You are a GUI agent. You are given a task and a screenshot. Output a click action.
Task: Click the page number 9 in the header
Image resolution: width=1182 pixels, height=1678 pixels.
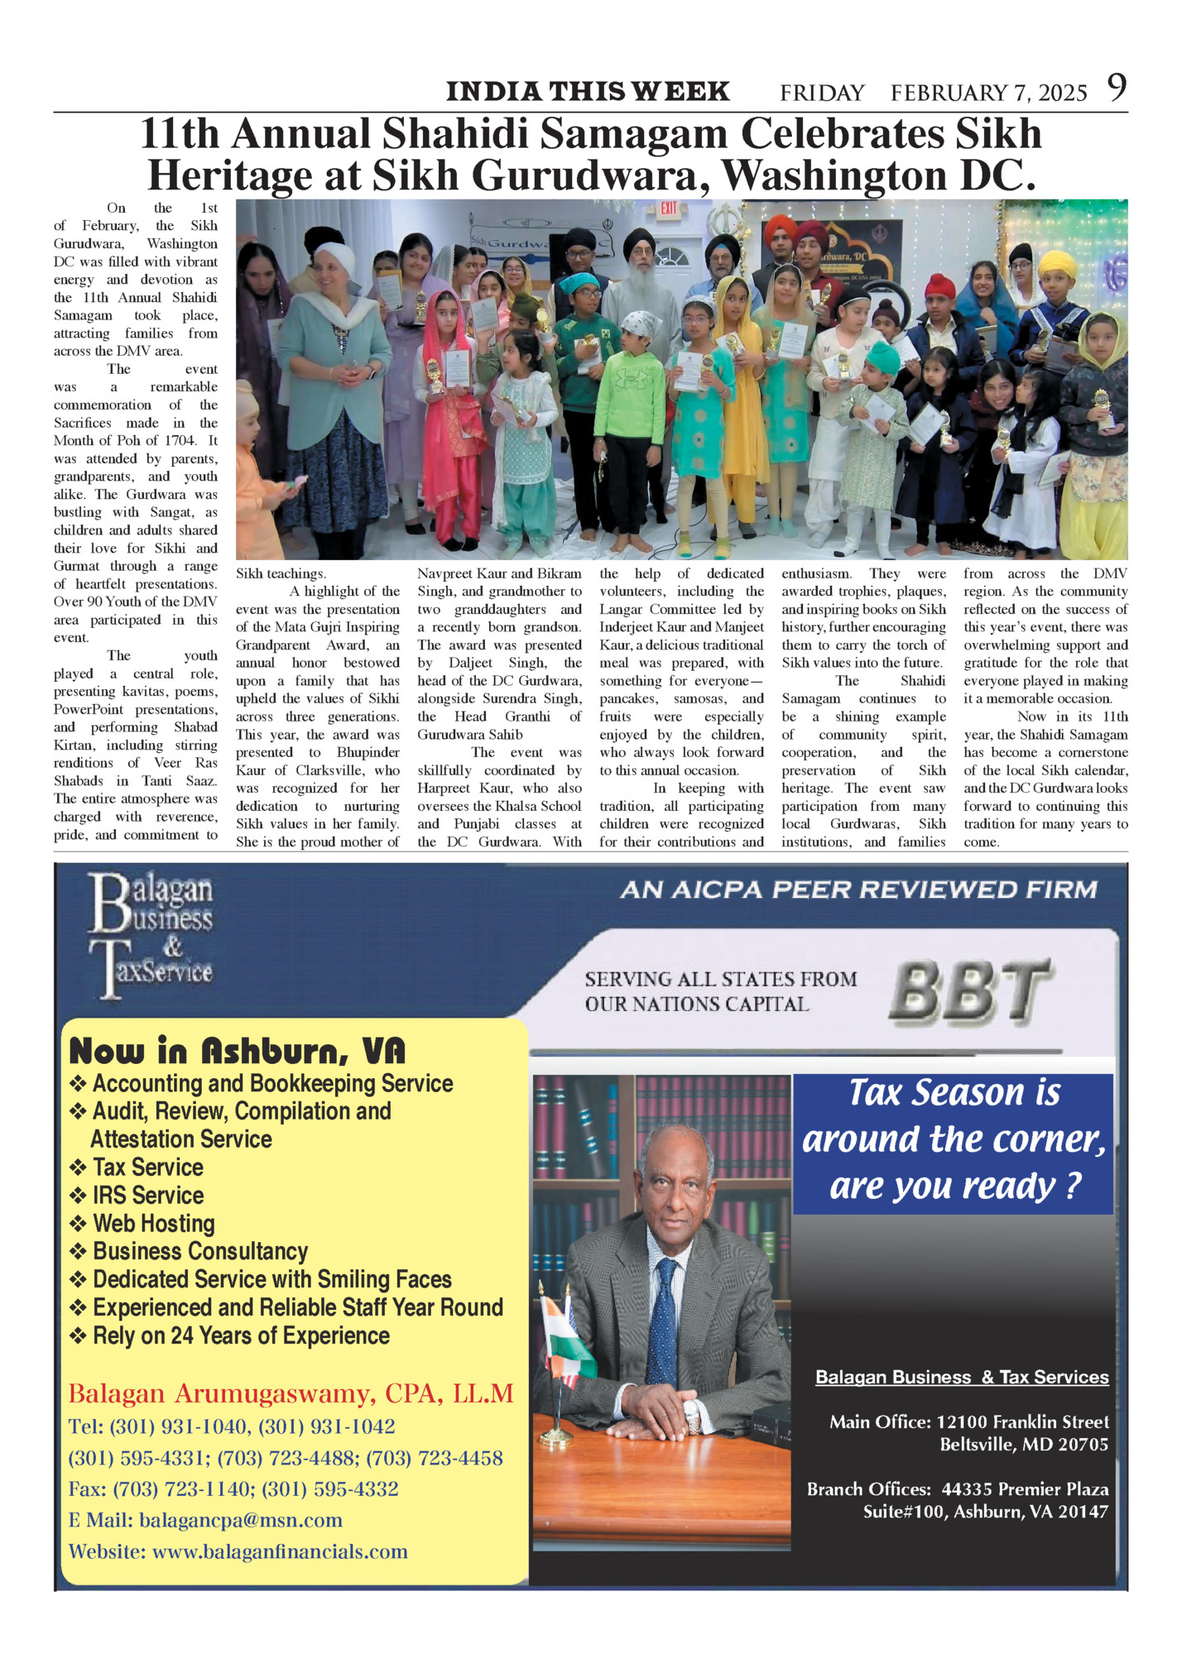coord(1117,87)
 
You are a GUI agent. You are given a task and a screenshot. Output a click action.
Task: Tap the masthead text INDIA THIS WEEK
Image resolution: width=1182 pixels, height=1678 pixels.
coord(588,91)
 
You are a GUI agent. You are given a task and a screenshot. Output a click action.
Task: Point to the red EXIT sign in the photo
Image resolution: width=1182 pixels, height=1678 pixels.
coord(669,209)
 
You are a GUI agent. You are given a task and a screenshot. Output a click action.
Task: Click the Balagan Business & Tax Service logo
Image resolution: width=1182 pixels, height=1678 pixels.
coord(151,935)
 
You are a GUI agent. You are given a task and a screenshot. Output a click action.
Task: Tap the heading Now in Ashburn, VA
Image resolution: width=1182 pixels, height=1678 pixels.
coord(238,1051)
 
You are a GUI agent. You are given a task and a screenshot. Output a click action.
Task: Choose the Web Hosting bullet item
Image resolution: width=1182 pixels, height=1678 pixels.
coord(154,1223)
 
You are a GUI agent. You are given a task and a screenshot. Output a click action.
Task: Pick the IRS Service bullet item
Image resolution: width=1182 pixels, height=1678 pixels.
coord(148,1195)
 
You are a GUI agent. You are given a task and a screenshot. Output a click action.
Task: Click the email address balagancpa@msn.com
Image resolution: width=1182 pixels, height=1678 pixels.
coord(241,1520)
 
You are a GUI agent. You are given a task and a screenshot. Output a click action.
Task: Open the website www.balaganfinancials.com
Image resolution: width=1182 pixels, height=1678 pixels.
coord(280,1551)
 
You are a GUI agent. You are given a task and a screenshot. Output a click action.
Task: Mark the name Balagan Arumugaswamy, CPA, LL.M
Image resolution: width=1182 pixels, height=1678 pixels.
coord(291,1394)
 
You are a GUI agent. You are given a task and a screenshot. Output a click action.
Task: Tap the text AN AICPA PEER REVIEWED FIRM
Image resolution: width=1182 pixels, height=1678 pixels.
coord(858,890)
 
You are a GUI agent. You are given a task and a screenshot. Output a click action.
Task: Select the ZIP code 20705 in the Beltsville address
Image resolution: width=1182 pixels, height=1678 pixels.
coord(1082,1445)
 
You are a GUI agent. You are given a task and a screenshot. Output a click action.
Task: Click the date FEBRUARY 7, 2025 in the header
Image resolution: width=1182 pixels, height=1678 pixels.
coord(988,93)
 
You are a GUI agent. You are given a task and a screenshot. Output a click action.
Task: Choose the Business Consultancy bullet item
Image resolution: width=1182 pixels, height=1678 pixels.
coord(200,1251)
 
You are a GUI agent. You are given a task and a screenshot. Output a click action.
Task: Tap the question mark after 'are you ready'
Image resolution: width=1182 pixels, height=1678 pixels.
coord(1073,1187)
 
